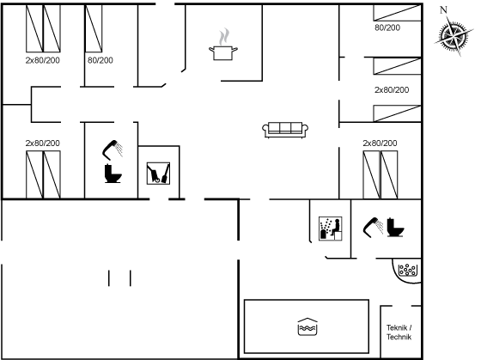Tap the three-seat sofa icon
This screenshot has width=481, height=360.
pyautogui.click(x=285, y=130)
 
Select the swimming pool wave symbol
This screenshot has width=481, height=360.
pyautogui.click(x=307, y=327)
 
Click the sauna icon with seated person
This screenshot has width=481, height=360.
pyautogui.click(x=331, y=229)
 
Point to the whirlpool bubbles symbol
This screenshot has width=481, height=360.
pyautogui.click(x=408, y=270)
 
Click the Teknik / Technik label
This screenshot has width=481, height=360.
pyautogui.click(x=399, y=333)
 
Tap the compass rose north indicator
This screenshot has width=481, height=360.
pyautogui.click(x=454, y=36)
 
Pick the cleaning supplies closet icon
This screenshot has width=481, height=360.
pyautogui.click(x=158, y=174)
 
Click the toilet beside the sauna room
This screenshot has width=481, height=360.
pyautogui.click(x=395, y=228)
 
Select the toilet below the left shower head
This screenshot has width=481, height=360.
pyautogui.click(x=113, y=174)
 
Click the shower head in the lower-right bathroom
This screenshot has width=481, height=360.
pyautogui.click(x=373, y=227)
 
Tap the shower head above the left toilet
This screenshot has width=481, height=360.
pyautogui.click(x=113, y=150)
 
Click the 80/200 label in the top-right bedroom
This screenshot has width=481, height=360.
pyautogui.click(x=387, y=27)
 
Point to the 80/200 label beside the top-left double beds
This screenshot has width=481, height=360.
pyautogui.click(x=100, y=60)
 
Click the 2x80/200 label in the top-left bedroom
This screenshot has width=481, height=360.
pyautogui.click(x=43, y=60)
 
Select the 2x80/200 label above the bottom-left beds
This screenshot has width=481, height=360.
pyautogui.click(x=43, y=143)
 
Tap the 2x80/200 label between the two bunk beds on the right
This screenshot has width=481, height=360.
pyautogui.click(x=392, y=89)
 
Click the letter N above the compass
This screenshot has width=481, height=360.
pyautogui.click(x=443, y=10)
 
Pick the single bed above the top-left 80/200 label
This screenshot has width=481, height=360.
pyautogui.click(x=94, y=28)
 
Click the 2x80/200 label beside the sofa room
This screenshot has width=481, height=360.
pyautogui.click(x=380, y=143)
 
